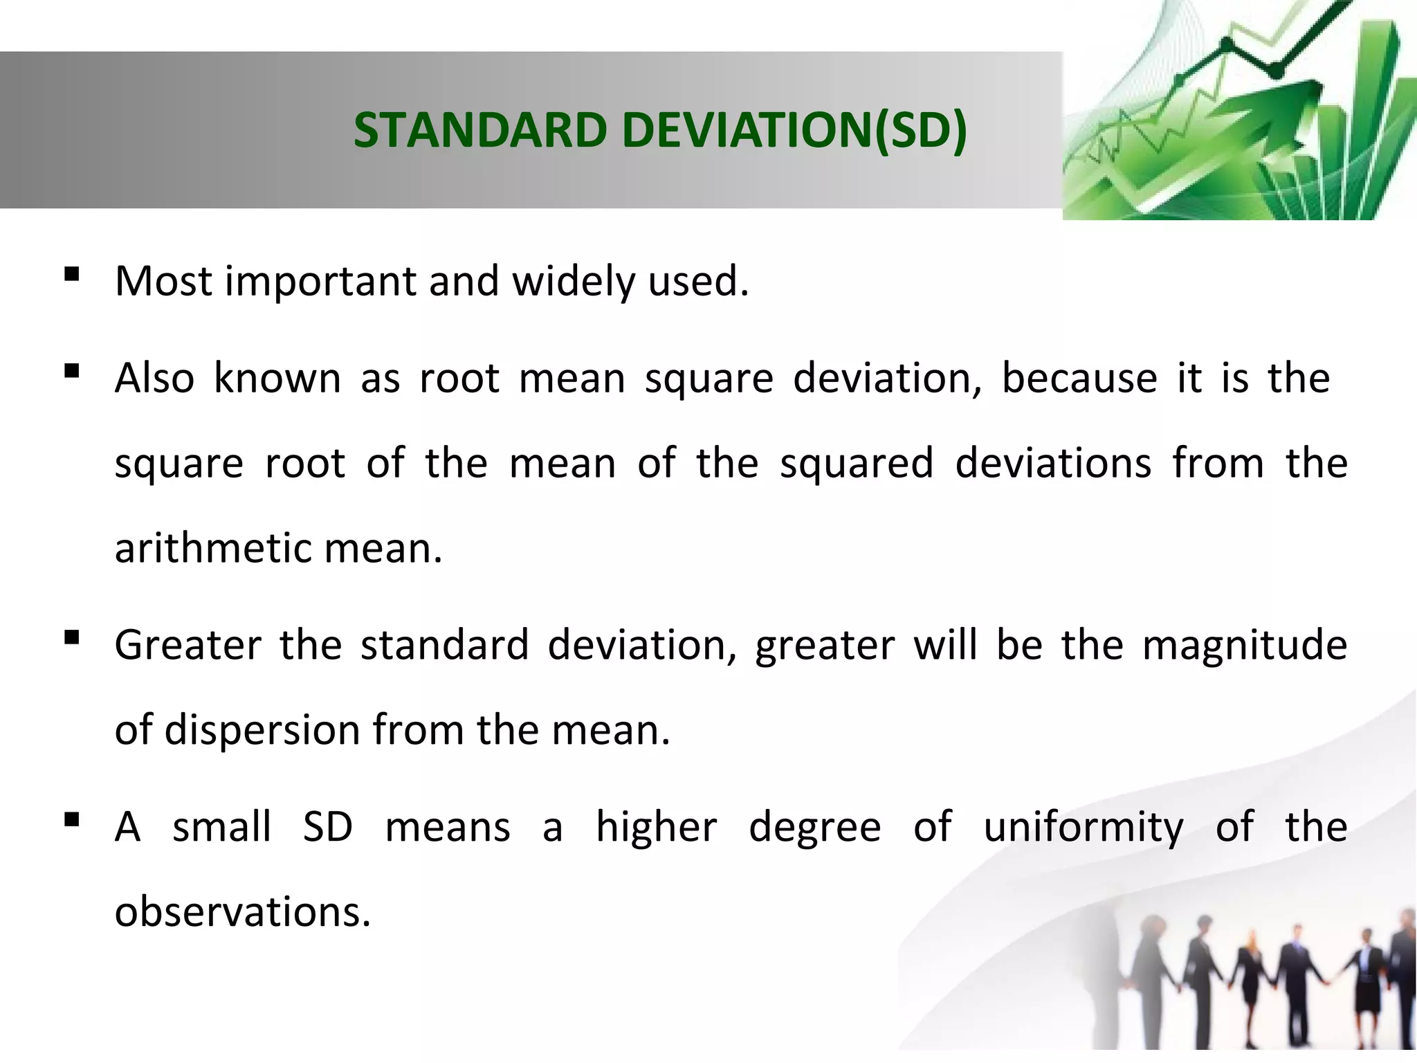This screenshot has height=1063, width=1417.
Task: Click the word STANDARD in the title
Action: pyautogui.click(x=479, y=130)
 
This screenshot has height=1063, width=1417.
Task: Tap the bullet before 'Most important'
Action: pyautogui.click(x=71, y=275)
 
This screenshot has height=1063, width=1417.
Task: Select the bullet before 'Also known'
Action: pyautogui.click(x=71, y=372)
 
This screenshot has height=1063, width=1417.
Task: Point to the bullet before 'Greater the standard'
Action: pyautogui.click(x=71, y=638)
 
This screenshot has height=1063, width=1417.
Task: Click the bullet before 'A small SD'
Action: pyautogui.click(x=71, y=820)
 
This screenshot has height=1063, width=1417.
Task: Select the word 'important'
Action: pyautogui.click(x=320, y=282)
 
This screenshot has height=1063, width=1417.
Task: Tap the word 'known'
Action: pyautogui.click(x=277, y=379)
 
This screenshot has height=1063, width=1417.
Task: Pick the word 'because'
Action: pyautogui.click(x=1079, y=379)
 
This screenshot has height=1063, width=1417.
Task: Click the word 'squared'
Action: pyautogui.click(x=857, y=464)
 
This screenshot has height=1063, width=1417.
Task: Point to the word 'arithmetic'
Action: pyautogui.click(x=213, y=549)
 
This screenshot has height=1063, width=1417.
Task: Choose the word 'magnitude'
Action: pyautogui.click(x=1245, y=646)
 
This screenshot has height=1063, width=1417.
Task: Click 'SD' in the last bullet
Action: pyautogui.click(x=328, y=827)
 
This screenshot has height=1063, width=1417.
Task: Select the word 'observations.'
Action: pyautogui.click(x=243, y=912)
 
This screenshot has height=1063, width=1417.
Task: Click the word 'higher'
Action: pyautogui.click(x=657, y=828)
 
